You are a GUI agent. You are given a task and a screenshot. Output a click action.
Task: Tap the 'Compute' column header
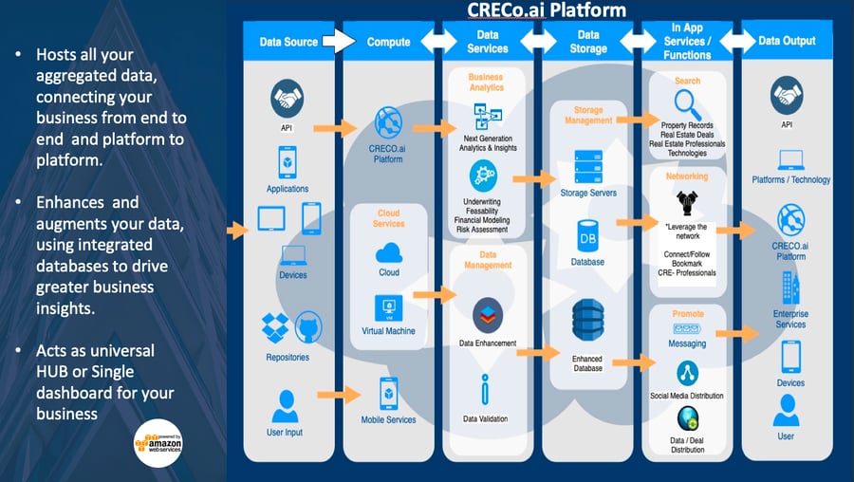pyautogui.click(x=388, y=42)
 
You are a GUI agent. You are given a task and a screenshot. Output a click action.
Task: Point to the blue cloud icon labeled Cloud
pyautogui.click(x=389, y=252)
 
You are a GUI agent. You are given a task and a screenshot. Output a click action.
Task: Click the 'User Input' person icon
pyautogui.click(x=284, y=406)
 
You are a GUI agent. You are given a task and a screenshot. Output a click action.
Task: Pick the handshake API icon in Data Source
pyautogui.click(x=287, y=97)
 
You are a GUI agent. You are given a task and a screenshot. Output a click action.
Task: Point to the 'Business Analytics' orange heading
pyautogui.click(x=487, y=83)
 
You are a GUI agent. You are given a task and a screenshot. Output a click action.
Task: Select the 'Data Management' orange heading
pyautogui.click(x=488, y=260)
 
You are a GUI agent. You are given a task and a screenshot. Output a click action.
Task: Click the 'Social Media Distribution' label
pyautogui.click(x=687, y=396)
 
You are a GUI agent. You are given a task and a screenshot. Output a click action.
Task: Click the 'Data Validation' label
pyautogui.click(x=486, y=418)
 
